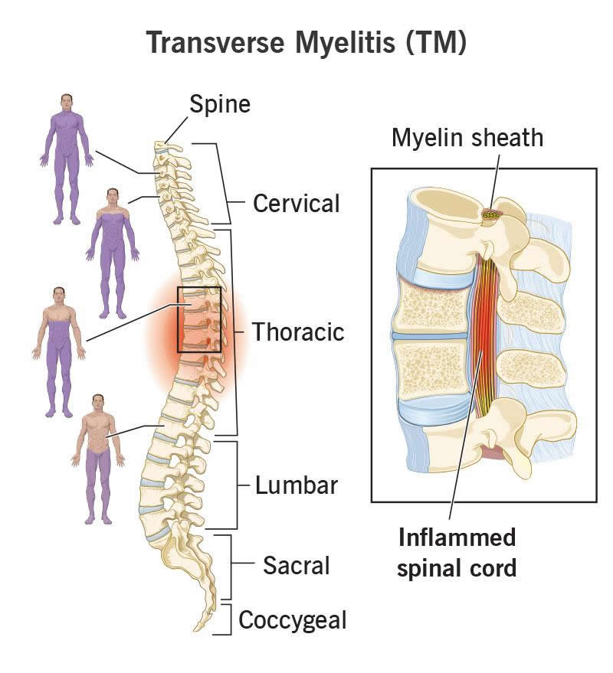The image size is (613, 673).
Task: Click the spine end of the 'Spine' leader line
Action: coord(165,143)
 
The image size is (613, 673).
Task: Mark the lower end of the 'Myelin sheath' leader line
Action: coord(490,210)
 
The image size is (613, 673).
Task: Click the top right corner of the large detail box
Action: coord(597,168)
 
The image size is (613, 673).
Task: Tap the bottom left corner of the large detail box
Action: coord(372,501)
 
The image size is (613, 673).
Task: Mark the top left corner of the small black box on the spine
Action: coord(178,288)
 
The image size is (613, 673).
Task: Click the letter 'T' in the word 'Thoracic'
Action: coord(258,332)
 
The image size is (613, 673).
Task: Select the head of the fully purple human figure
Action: coord(66,102)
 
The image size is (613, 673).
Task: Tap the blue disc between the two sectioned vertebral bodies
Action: coord(430,335)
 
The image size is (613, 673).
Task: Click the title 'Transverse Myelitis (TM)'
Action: coord(306,42)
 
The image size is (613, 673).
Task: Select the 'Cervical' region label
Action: coord(297,203)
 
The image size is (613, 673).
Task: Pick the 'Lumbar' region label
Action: coord(297,485)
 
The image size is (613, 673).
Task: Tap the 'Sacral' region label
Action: coord(297,565)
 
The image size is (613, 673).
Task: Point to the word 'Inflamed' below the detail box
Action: coord(457,537)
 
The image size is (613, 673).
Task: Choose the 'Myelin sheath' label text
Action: coord(467,138)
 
